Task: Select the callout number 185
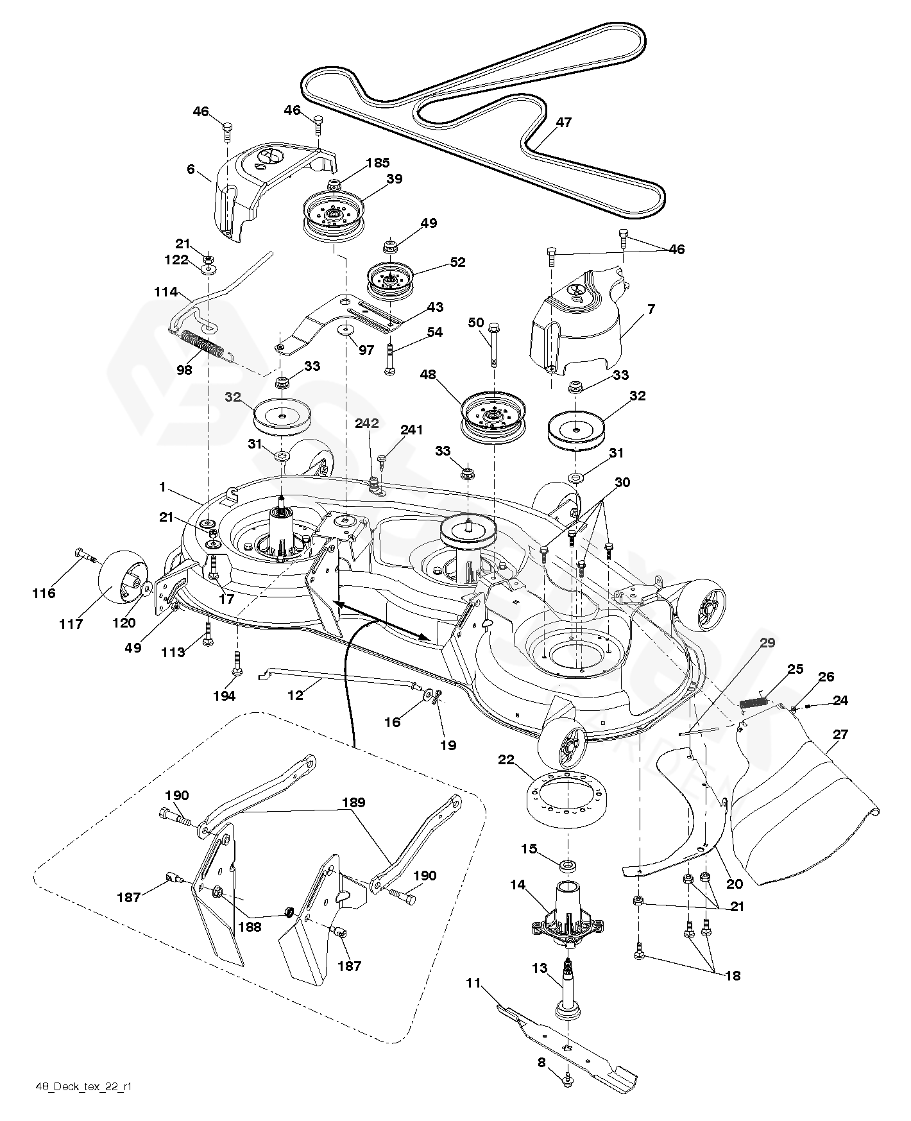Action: tap(377, 163)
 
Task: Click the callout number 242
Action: tap(368, 424)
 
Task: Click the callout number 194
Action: tap(224, 696)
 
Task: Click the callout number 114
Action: tap(166, 292)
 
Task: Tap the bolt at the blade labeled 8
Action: tap(566, 1082)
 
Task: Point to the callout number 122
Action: tap(176, 260)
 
